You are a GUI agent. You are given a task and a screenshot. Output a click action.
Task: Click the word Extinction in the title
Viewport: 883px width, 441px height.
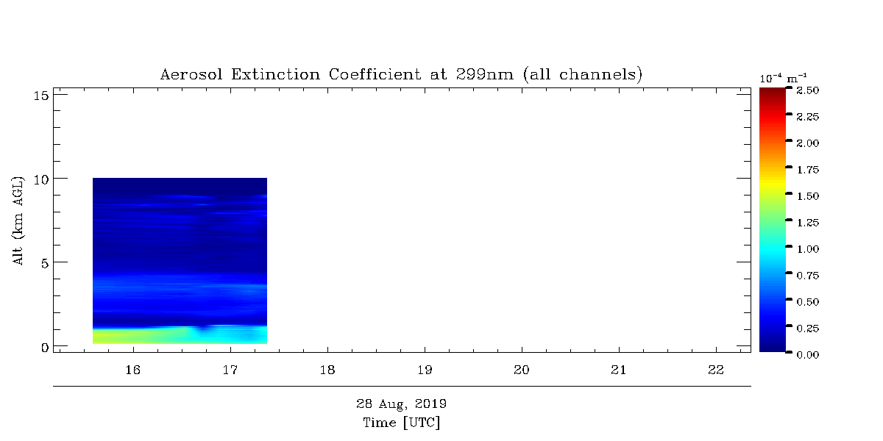(x=275, y=74)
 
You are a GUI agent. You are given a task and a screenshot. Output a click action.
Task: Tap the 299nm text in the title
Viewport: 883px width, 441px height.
(x=485, y=74)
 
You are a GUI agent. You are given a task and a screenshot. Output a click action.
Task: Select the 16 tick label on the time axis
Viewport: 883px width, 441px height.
(x=133, y=370)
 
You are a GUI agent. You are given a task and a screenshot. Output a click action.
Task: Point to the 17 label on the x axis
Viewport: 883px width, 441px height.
(x=230, y=370)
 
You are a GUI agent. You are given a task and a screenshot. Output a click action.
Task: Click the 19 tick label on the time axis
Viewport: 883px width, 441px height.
(x=425, y=370)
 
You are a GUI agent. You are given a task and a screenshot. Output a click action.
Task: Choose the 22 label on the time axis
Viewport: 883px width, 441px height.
(x=716, y=370)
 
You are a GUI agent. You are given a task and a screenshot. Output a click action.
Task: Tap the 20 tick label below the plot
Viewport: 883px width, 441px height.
(x=522, y=370)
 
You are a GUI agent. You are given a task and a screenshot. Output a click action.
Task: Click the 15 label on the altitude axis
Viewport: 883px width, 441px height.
(x=41, y=96)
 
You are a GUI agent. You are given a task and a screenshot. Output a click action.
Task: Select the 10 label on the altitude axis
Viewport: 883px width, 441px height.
(x=41, y=180)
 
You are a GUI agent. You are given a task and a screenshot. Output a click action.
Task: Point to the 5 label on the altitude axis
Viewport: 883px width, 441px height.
(x=45, y=263)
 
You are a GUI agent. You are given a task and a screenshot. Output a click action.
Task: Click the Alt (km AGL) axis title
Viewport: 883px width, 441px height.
(x=18, y=220)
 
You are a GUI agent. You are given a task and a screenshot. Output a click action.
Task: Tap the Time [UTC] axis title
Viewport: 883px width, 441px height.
(x=401, y=423)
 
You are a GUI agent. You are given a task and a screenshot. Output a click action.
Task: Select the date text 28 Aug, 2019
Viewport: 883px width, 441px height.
(x=401, y=404)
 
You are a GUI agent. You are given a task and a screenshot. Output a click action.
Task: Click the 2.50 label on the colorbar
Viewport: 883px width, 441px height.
(x=808, y=90)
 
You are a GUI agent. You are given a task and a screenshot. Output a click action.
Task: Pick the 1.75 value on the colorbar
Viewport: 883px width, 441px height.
(x=808, y=170)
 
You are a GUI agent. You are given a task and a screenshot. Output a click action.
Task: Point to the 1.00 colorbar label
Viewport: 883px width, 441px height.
(x=808, y=249)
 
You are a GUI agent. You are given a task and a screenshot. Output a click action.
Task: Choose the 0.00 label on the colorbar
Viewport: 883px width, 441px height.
(x=808, y=355)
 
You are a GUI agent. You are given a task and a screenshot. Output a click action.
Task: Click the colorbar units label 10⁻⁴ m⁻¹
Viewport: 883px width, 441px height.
(x=783, y=79)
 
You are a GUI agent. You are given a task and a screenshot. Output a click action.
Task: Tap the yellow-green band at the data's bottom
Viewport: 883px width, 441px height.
(x=142, y=337)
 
